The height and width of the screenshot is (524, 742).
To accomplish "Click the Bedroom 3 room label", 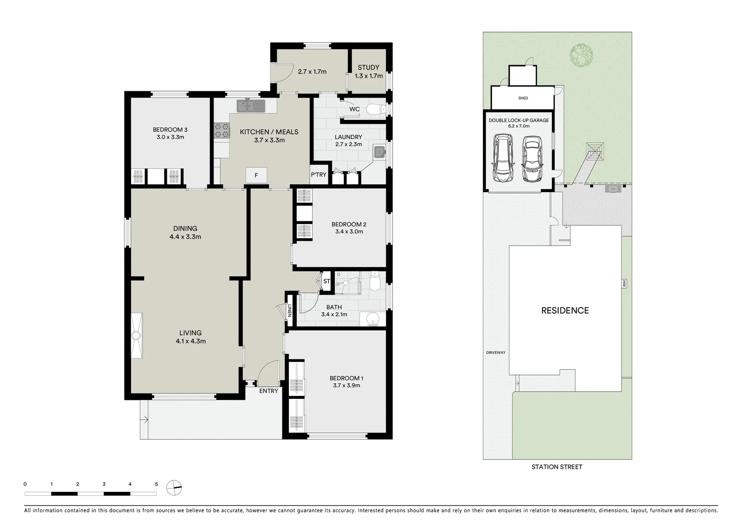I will [170, 130].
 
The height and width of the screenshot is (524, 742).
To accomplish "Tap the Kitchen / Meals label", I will [269, 132].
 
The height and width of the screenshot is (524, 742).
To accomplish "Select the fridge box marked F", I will [257, 175].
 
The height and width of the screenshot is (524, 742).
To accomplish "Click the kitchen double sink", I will [251, 105].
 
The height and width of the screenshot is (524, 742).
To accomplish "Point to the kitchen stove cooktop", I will [222, 130].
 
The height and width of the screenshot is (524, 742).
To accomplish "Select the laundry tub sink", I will [379, 152].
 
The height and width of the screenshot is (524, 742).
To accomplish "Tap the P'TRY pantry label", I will [319, 175].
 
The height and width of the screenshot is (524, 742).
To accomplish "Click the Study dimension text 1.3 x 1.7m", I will [369, 76].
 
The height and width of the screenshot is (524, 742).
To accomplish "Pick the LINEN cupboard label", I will [289, 310].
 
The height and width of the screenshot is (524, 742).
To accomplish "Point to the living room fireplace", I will [137, 335].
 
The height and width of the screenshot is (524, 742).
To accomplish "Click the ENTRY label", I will [269, 391].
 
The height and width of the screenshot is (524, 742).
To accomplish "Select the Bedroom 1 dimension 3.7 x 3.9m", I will [346, 385].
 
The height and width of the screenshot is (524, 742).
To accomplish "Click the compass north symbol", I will [174, 488].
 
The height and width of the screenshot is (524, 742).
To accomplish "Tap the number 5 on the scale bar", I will [156, 484].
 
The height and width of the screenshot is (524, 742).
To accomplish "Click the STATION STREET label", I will [557, 467].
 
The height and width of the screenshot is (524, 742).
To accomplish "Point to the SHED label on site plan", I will [523, 98].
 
